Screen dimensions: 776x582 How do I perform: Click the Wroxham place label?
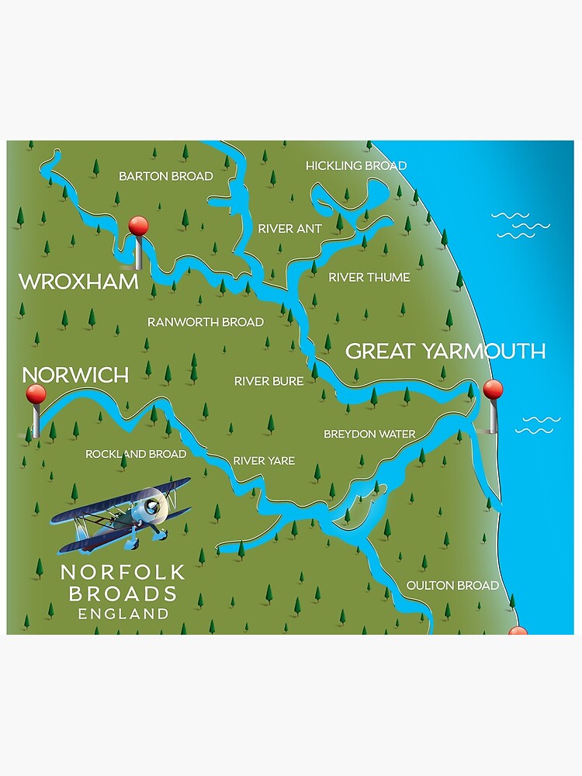click(78, 281)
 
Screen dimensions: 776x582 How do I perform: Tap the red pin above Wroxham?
click(138, 227)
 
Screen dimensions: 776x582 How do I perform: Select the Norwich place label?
click(75, 375)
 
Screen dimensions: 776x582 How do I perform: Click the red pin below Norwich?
click(36, 395)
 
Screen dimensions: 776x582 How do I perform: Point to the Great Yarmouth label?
click(445, 351)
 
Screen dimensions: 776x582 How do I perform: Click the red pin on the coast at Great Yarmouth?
click(493, 390)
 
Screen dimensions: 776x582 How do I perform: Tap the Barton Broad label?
click(165, 176)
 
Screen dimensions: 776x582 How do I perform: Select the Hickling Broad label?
click(355, 166)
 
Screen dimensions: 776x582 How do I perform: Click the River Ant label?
click(286, 229)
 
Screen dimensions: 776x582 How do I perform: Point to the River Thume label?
click(369, 277)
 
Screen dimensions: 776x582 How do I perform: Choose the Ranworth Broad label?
click(205, 321)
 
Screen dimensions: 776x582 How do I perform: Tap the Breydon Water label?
click(369, 434)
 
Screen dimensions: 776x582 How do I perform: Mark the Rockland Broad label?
click(136, 454)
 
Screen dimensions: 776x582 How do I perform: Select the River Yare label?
click(264, 461)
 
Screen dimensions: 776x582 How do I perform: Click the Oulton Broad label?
click(452, 585)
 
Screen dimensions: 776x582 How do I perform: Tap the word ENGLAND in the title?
click(123, 614)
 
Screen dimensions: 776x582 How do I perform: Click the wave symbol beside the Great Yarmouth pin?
click(538, 424)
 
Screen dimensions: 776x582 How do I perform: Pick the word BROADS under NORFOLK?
click(123, 594)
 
